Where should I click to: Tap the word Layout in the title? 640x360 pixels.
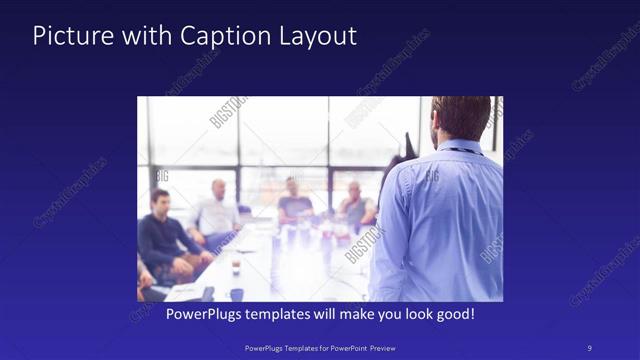click(317, 36)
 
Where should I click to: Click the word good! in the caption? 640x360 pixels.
click(451, 314)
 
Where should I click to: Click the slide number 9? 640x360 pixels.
click(590, 347)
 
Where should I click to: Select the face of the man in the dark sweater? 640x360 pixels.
click(161, 200)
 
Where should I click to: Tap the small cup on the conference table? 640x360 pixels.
click(235, 268)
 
